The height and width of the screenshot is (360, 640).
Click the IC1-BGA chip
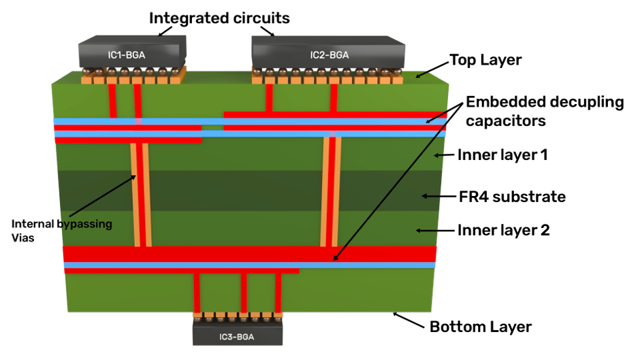132,52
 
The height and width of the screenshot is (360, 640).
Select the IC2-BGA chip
329,52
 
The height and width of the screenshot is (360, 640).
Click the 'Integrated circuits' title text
219,18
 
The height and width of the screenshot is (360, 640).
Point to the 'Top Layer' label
485,60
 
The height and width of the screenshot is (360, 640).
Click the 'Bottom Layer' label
481,327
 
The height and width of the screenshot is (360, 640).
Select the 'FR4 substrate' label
512,197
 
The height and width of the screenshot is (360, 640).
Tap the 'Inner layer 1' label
502,155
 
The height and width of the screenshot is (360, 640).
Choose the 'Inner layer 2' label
503,230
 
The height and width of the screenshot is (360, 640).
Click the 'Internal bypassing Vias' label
62,231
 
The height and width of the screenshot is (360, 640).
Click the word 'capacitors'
506,121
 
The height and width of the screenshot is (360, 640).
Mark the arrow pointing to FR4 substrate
438,196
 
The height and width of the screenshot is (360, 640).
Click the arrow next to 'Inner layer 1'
444,155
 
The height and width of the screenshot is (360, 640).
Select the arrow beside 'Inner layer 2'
435,231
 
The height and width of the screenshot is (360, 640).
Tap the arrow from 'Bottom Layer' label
409,320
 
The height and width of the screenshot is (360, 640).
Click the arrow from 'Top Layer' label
432,69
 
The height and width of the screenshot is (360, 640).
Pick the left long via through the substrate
141,194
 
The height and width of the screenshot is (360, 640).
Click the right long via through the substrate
331,192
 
